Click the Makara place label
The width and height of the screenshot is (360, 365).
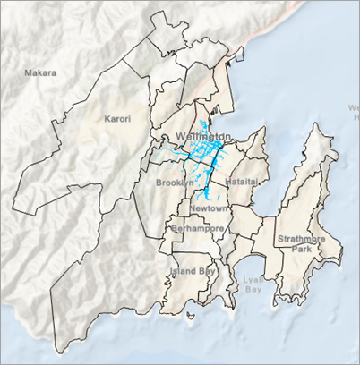(40, 72)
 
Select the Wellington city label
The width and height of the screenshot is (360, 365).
(204, 135)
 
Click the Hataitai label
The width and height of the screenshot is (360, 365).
(241, 181)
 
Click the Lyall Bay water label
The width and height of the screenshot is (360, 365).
(253, 284)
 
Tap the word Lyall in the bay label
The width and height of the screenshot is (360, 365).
(253, 279)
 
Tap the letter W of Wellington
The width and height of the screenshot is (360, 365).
(182, 135)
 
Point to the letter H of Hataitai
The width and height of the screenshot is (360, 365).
(227, 181)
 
